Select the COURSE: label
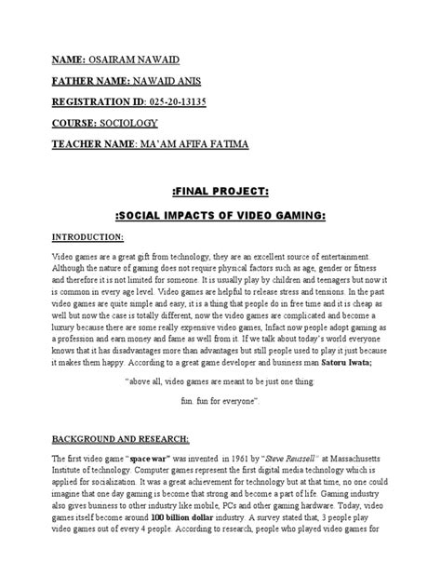(60, 122)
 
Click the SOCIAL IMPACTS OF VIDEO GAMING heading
(220, 215)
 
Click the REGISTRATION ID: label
(80, 100)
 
